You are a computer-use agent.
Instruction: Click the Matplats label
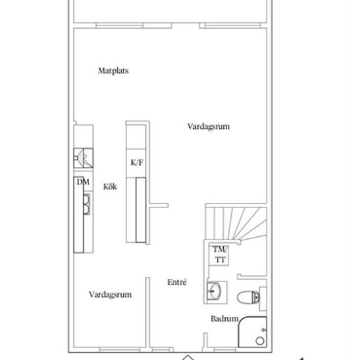[113, 71]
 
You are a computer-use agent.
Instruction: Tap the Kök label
[110, 187]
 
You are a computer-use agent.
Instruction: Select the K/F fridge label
[137, 162]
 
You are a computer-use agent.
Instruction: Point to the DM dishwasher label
[83, 182]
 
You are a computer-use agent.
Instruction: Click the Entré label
[177, 282]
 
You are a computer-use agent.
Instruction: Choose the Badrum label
[225, 319]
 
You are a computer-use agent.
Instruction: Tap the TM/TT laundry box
[219, 255]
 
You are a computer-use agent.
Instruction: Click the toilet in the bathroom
[249, 297]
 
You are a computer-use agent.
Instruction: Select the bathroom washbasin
[214, 291]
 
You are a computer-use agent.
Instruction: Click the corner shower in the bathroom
[253, 332]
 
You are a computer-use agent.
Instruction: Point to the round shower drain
[260, 341]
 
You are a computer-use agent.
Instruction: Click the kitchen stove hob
[83, 158]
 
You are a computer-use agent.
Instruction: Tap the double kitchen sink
[86, 204]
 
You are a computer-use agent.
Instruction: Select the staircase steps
[236, 223]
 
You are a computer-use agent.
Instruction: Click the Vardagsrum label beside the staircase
[208, 126]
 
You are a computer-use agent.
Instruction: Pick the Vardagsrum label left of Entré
[110, 295]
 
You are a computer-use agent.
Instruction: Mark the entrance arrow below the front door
[188, 357]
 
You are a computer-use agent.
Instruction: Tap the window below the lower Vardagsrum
[120, 350]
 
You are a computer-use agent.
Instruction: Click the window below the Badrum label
[225, 350]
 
